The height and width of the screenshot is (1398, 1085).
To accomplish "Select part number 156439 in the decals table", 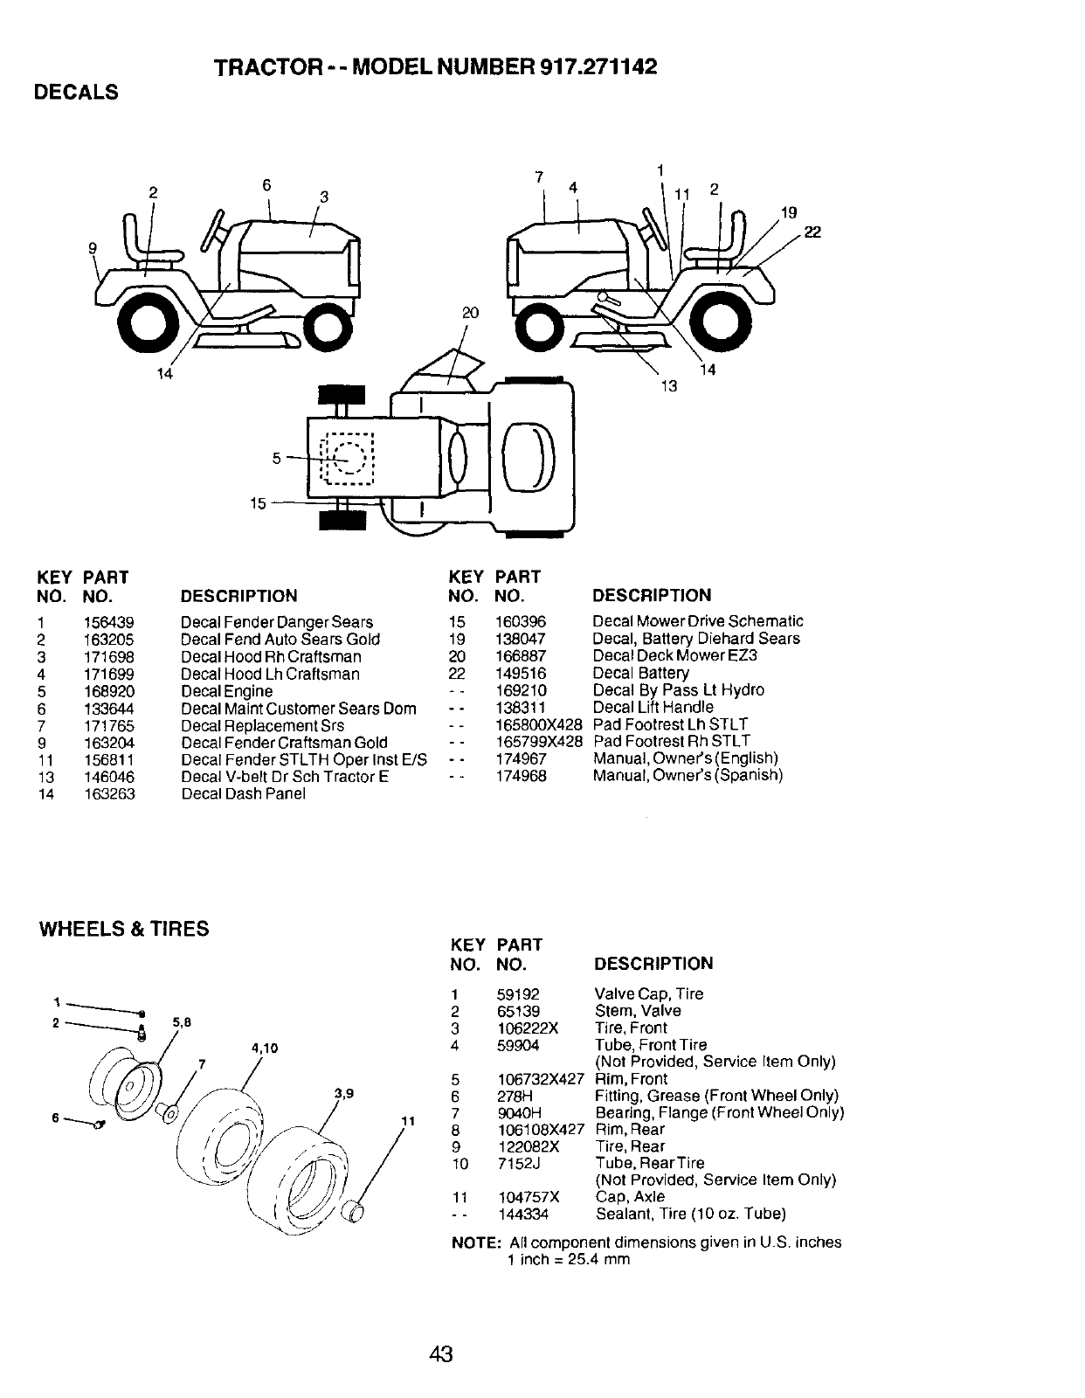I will coord(109,622).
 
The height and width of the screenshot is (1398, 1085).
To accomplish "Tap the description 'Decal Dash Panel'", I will coord(243,794).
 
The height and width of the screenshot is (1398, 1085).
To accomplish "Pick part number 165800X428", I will coord(538,724).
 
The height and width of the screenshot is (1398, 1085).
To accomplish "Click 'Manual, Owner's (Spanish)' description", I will coord(688,775).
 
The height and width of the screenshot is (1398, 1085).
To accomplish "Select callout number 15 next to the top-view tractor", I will coord(259,503).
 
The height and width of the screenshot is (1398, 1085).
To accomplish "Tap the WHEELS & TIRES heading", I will coord(125,929).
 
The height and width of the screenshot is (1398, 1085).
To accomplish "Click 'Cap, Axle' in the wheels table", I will coord(630,1197).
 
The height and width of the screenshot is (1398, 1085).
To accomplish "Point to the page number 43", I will coord(441,1355).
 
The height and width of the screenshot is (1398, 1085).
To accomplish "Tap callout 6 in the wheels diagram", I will coord(56,1118).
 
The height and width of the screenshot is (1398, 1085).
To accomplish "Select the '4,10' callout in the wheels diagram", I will coord(264,1048).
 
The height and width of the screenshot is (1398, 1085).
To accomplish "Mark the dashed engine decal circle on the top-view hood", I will coord(349,458).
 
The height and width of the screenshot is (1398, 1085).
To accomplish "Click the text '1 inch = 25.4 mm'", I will coord(568,1259).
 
